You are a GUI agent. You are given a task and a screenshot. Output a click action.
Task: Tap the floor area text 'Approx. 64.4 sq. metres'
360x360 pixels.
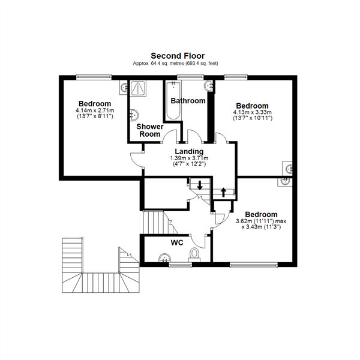(157, 64)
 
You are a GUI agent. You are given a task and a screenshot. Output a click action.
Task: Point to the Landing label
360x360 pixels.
(189, 151)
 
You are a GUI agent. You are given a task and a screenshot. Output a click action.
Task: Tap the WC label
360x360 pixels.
(176, 243)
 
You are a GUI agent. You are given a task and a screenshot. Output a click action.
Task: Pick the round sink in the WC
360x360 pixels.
(164, 259)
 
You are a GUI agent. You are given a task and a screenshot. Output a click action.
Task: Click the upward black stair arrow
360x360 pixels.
(224, 193)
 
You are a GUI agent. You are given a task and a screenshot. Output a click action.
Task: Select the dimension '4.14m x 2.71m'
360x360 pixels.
(94, 111)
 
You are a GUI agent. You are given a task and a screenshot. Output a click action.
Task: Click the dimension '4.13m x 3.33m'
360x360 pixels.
(252, 112)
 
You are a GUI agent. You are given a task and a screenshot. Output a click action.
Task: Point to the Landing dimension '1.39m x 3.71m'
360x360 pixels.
(189, 158)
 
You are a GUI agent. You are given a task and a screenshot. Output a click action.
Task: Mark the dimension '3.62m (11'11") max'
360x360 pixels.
(265, 221)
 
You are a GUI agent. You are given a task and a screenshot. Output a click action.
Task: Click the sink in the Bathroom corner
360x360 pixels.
(209, 86)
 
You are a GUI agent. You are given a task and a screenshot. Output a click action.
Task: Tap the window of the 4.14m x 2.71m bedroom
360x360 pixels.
(94, 76)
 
